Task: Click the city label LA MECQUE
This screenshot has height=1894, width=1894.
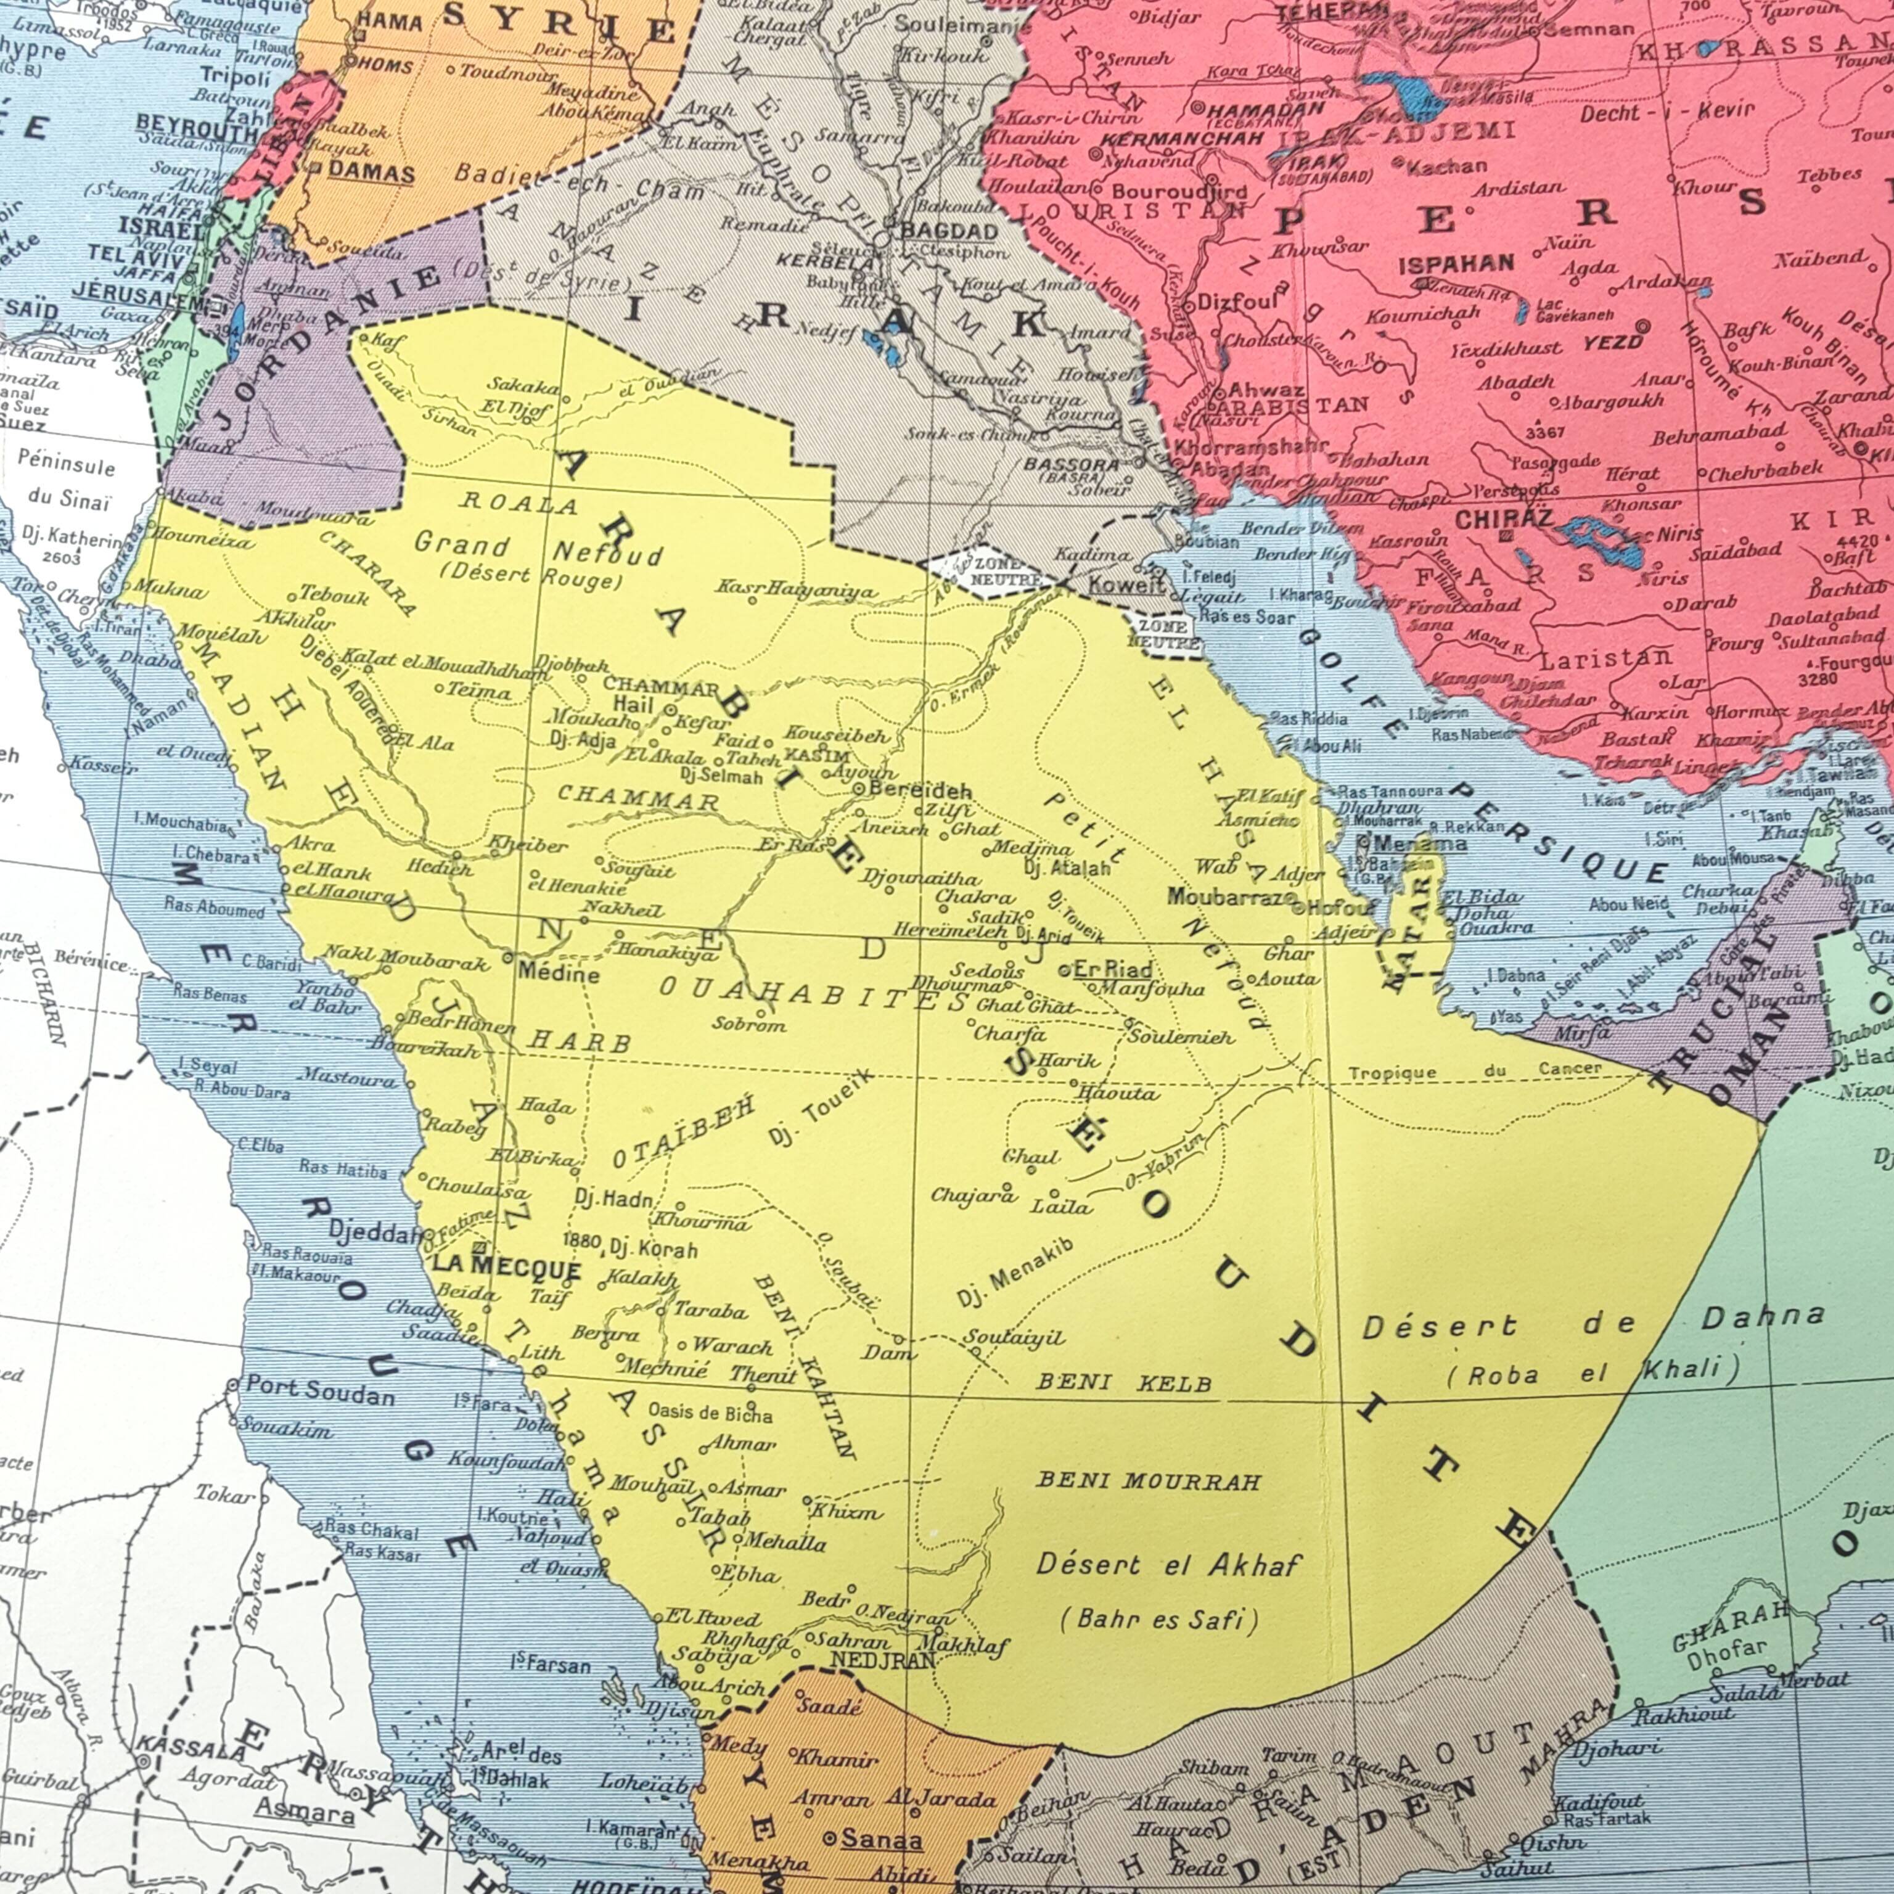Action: [506, 1269]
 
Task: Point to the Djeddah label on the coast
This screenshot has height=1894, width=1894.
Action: [374, 1232]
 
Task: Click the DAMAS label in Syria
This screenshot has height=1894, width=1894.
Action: [371, 173]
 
